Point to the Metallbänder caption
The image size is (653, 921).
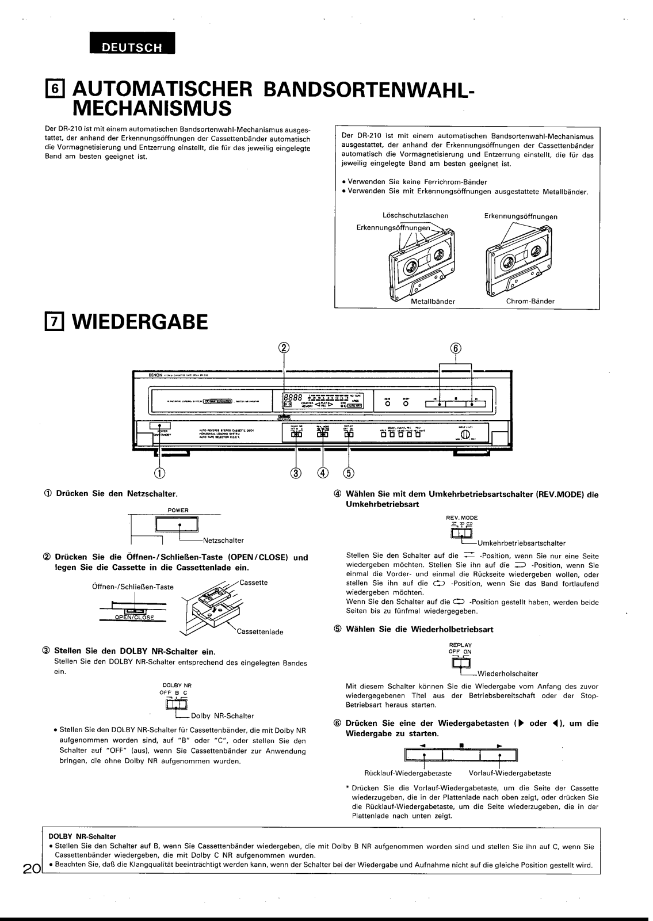(433, 301)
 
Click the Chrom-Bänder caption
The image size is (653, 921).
(530, 301)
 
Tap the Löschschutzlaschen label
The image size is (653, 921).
(415, 216)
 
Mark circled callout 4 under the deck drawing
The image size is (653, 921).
(323, 473)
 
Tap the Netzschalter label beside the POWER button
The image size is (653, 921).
(223, 541)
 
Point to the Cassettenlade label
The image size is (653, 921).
(260, 631)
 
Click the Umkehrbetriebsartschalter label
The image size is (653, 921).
(521, 543)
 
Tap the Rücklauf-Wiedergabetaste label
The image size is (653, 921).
(408, 773)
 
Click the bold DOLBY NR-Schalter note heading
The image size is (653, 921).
(82, 836)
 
